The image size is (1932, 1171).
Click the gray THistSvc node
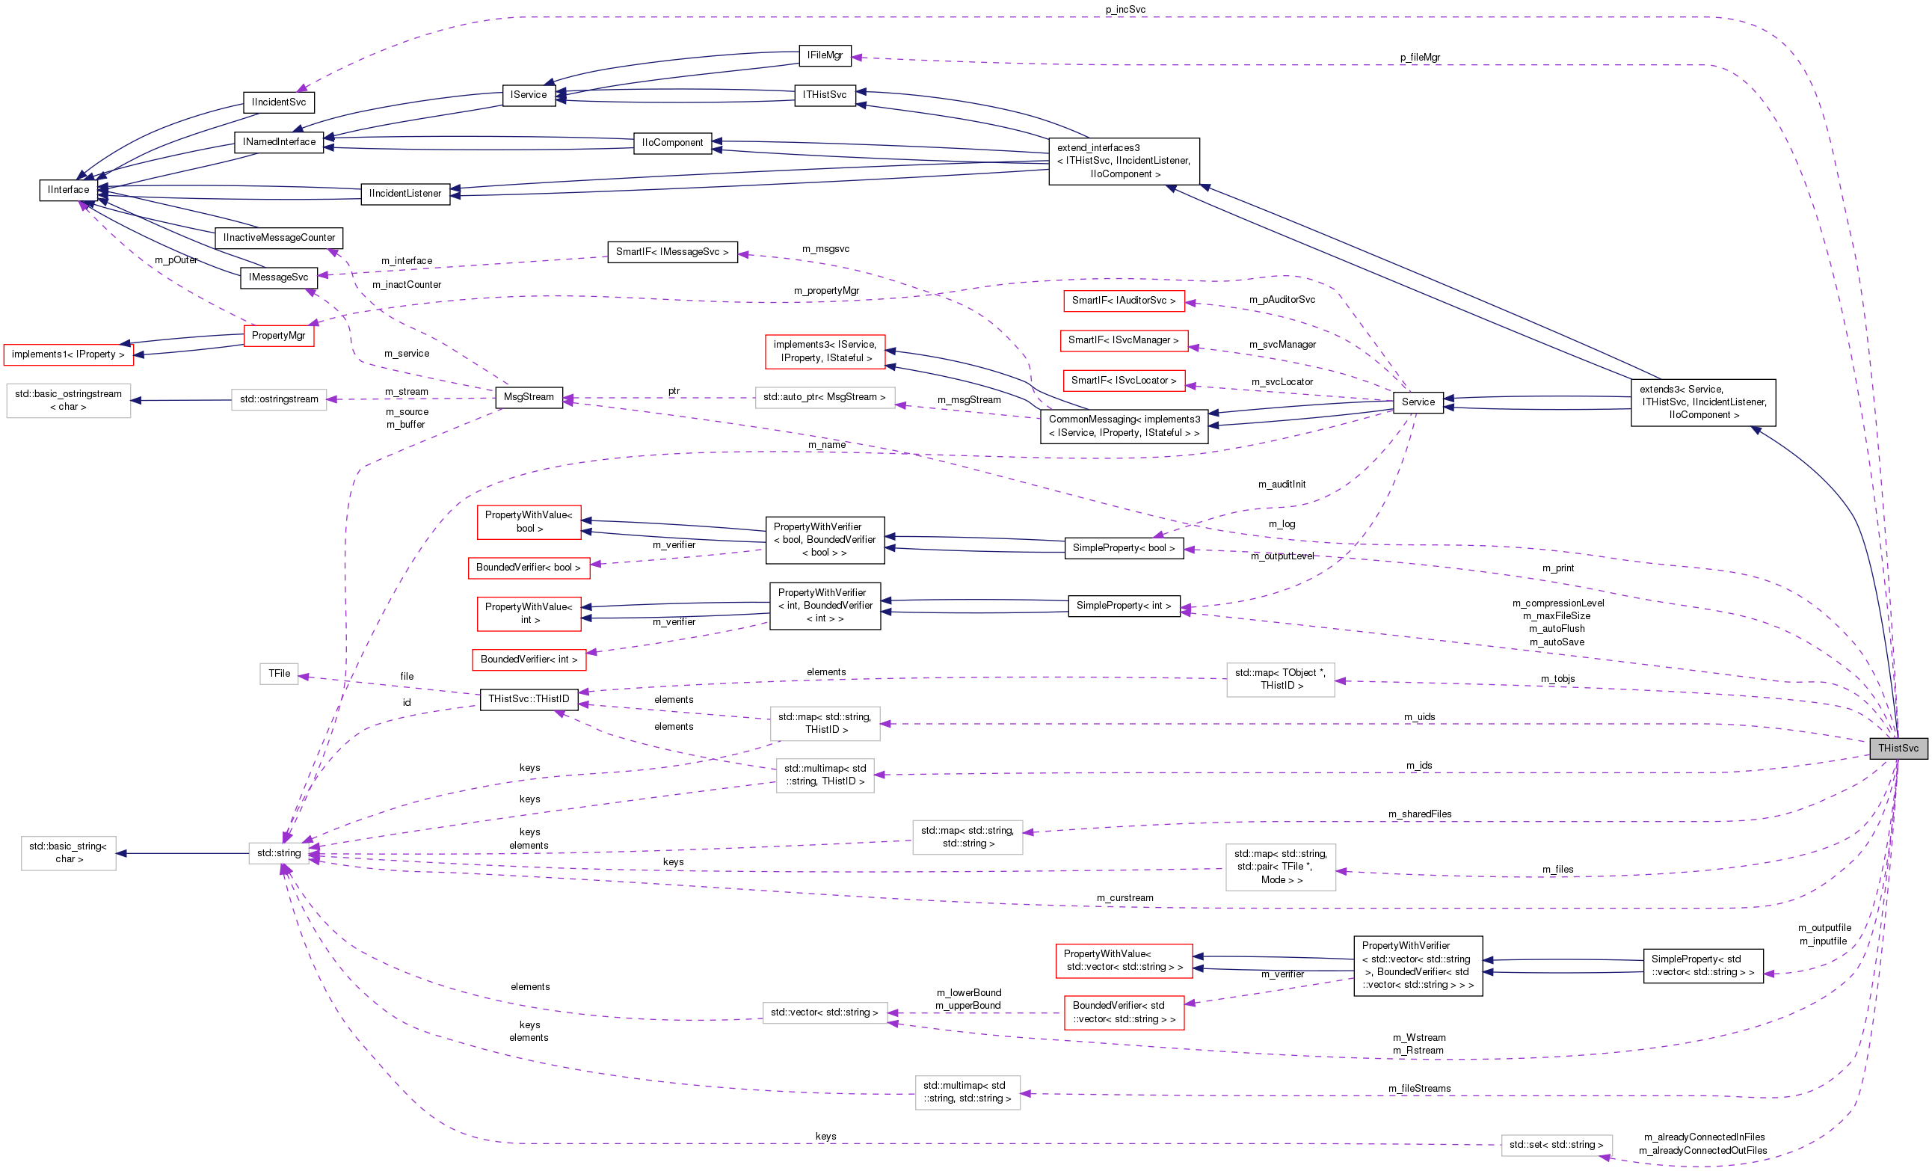(x=1898, y=749)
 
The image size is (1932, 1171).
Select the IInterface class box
(x=68, y=190)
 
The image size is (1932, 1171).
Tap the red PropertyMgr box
(x=278, y=336)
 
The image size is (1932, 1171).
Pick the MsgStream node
(x=529, y=397)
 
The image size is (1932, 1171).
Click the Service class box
(x=1418, y=402)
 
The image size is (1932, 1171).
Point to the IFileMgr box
(x=825, y=55)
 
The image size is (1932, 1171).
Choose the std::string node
(x=278, y=853)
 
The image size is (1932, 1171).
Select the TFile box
(x=279, y=674)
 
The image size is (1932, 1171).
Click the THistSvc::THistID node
(x=529, y=699)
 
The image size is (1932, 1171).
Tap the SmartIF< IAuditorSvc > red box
(x=1124, y=301)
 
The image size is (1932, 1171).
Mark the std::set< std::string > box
(x=1557, y=1145)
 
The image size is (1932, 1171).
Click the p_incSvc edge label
(x=1125, y=10)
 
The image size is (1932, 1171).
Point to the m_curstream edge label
(x=1125, y=898)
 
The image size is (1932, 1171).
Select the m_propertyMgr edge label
(x=826, y=291)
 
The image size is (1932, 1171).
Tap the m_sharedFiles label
(x=1420, y=814)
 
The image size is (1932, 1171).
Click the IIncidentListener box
(x=405, y=194)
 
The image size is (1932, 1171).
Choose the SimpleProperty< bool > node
(x=1124, y=548)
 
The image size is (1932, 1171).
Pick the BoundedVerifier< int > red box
(x=529, y=660)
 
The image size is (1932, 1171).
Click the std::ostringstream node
(x=279, y=399)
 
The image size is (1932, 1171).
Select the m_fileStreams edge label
(x=1419, y=1089)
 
